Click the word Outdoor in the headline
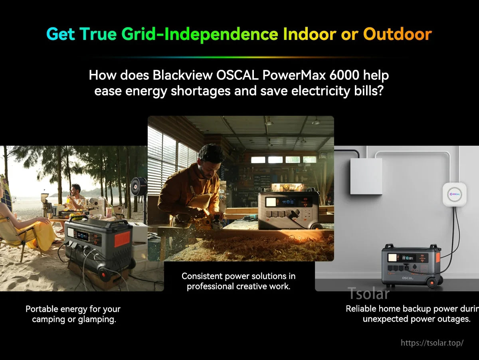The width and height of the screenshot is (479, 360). [397, 34]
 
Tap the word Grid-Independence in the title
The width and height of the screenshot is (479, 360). [200, 34]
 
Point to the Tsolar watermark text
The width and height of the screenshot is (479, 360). [368, 293]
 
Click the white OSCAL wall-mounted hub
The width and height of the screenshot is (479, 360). [454, 194]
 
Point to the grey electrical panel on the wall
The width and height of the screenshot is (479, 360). [366, 176]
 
